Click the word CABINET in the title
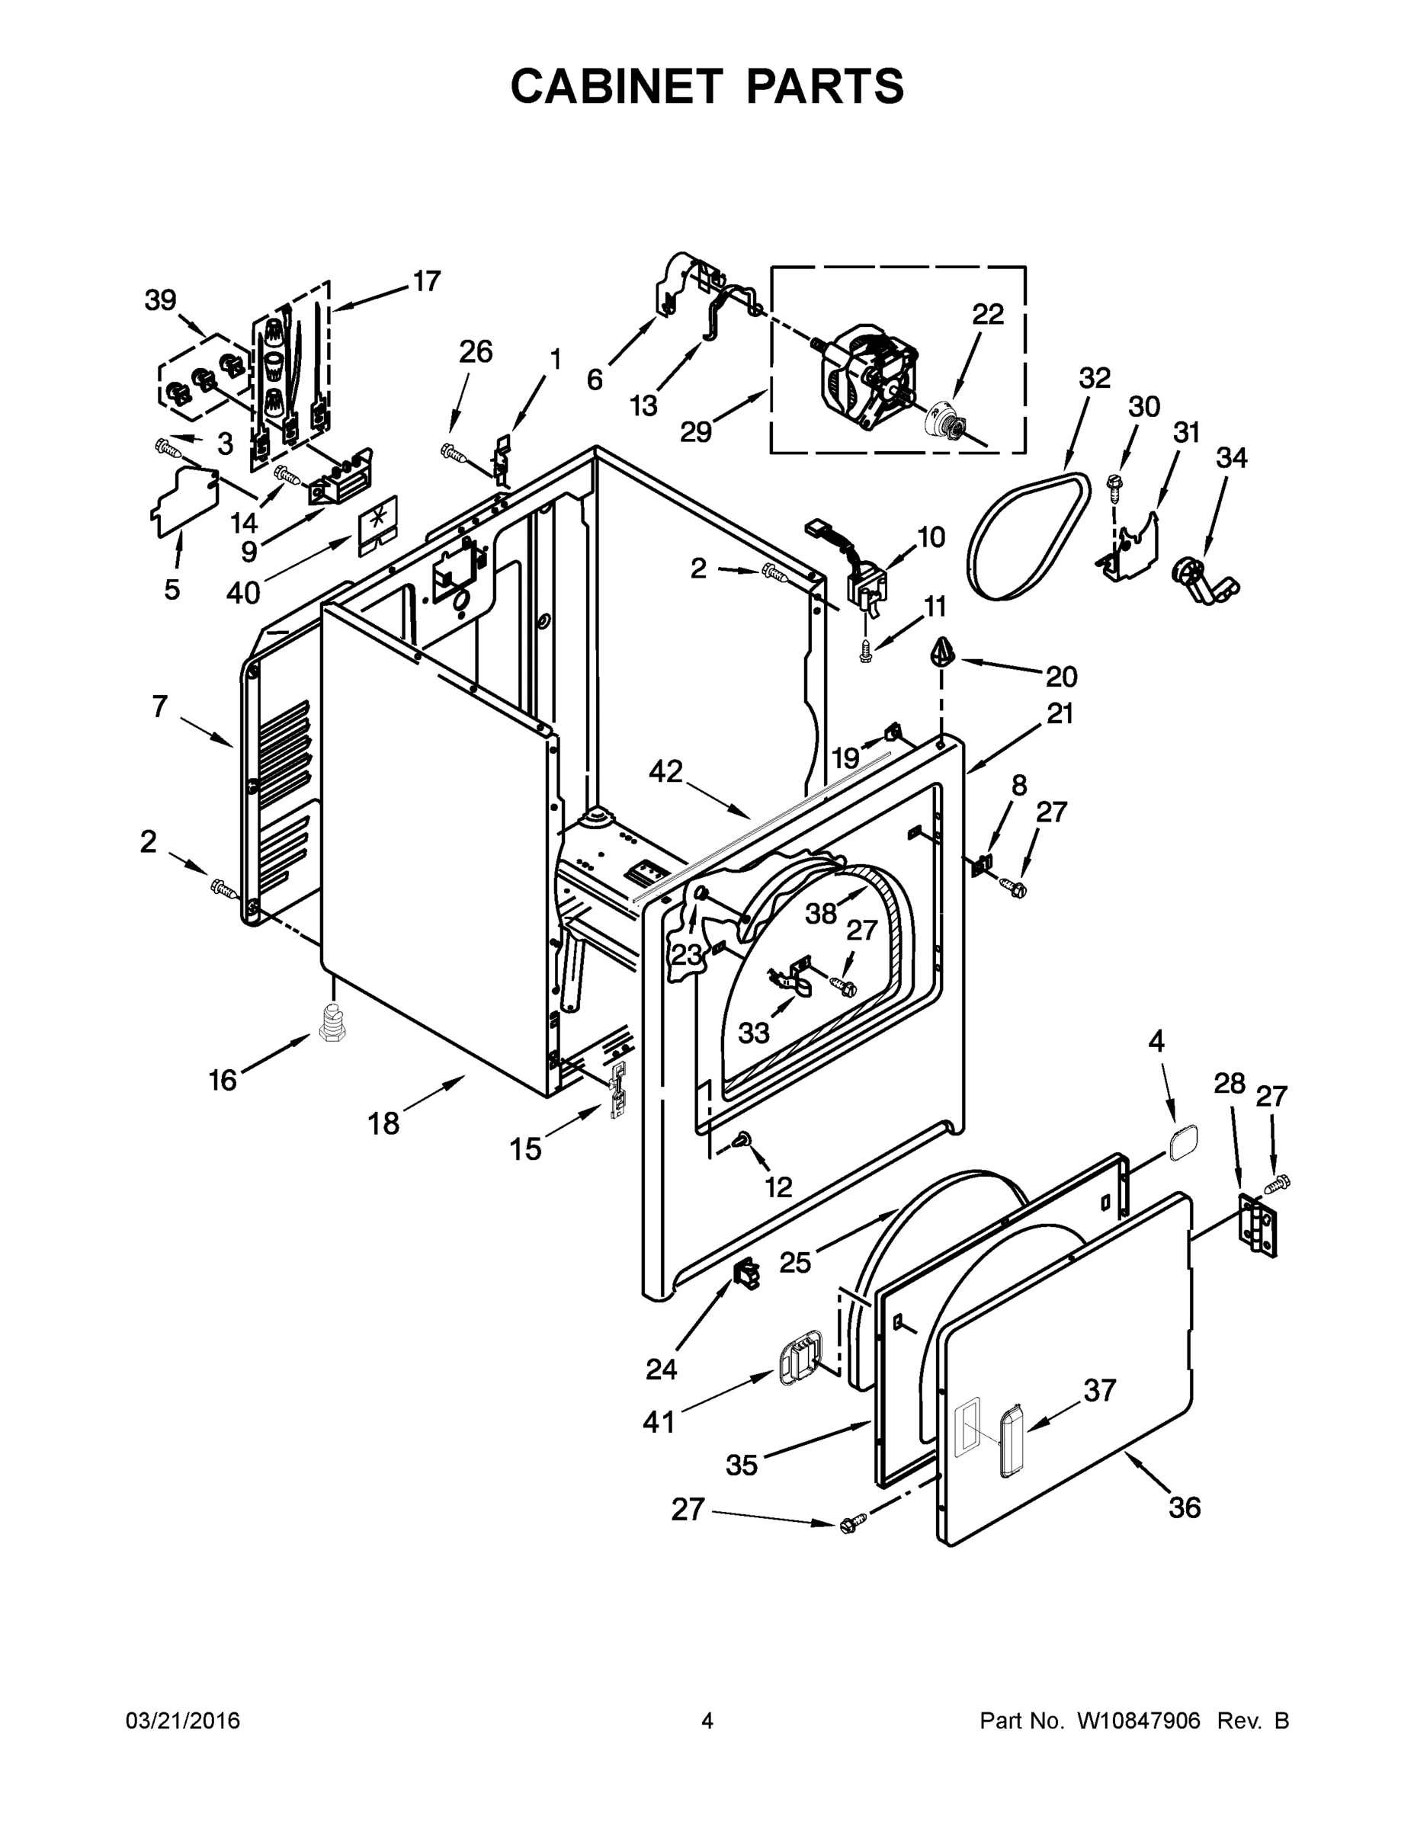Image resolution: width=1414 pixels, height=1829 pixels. (617, 86)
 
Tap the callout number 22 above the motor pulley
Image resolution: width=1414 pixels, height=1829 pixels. (988, 314)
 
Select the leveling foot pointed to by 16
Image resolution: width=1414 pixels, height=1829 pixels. (332, 1023)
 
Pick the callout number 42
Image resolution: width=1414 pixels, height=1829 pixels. (666, 771)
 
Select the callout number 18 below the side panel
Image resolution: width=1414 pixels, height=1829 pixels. (383, 1123)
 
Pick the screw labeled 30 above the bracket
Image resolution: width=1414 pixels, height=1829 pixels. (1114, 484)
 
